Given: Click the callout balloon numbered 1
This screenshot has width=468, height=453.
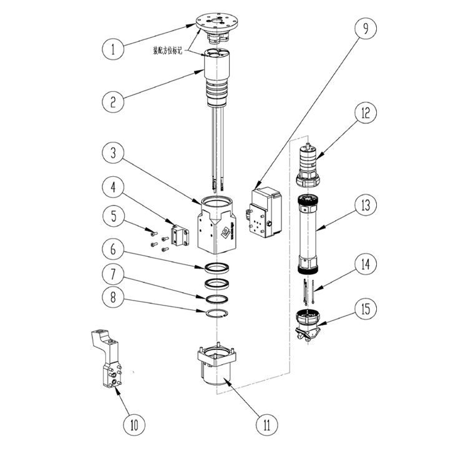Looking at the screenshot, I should click(x=114, y=49).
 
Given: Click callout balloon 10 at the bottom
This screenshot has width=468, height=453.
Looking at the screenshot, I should click(x=133, y=426).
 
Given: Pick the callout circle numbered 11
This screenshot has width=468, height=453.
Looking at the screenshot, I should click(x=267, y=426).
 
